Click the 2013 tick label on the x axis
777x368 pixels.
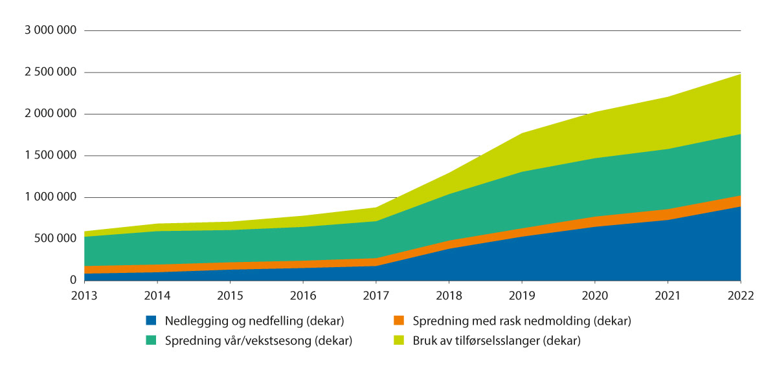click(x=84, y=296)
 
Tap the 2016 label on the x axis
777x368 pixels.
click(x=303, y=296)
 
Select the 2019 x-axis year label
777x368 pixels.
click(x=522, y=296)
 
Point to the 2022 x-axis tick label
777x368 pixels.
click(x=741, y=296)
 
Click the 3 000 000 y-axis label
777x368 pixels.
click(x=50, y=31)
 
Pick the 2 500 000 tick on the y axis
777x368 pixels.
click(x=50, y=72)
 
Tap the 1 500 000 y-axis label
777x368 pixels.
click(x=50, y=156)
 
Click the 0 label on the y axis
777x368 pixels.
click(x=73, y=281)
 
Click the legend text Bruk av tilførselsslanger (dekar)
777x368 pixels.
click(x=497, y=341)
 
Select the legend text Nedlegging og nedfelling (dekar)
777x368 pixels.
click(x=254, y=320)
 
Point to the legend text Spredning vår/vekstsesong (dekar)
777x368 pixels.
click(x=258, y=341)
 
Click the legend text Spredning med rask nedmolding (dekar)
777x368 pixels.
click(x=522, y=320)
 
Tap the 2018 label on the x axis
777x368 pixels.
click(x=449, y=296)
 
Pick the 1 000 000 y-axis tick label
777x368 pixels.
click(x=50, y=197)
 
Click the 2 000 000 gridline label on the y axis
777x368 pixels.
click(x=50, y=114)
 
